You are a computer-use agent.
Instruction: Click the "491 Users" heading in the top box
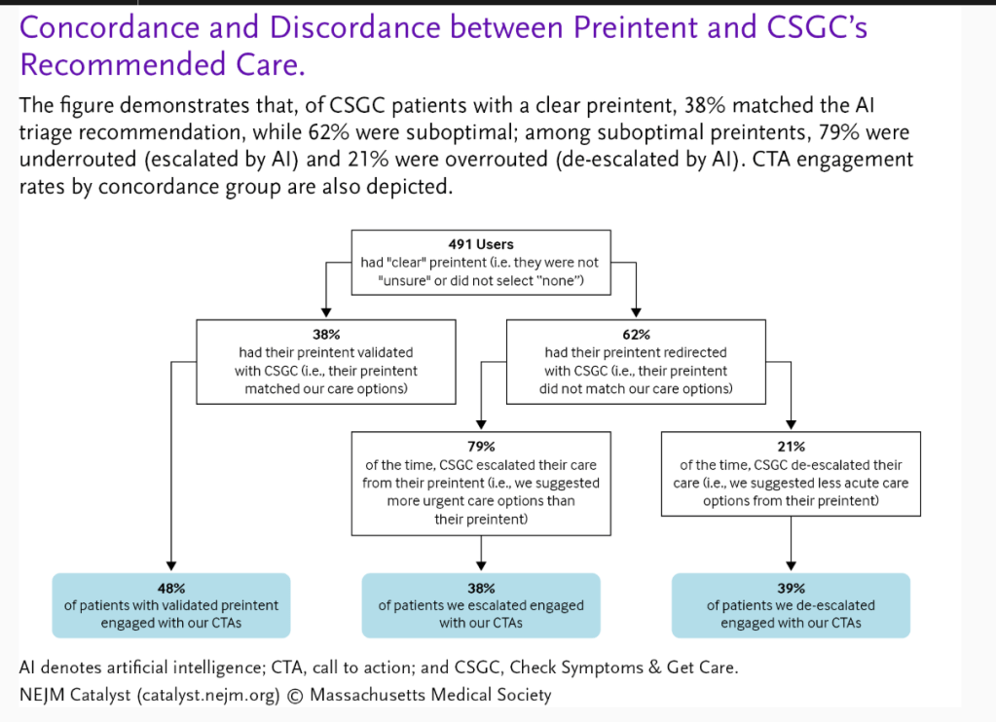(481, 244)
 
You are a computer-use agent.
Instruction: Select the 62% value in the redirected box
(636, 335)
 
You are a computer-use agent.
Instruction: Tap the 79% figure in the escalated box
(481, 447)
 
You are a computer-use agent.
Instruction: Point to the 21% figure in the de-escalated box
(791, 447)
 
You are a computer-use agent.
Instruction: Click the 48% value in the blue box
(171, 588)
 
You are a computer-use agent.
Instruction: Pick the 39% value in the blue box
(791, 588)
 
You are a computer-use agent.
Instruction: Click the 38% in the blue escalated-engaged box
(481, 588)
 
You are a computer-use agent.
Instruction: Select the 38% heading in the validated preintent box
(326, 335)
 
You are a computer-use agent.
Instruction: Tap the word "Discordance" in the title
(354, 27)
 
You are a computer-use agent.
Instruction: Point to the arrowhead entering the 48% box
(171, 565)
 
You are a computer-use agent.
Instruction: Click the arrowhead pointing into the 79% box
(481, 424)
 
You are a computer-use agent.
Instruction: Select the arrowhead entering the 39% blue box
(791, 565)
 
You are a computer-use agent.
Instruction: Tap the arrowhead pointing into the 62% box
(636, 311)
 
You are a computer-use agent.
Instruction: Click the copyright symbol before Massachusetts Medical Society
(295, 696)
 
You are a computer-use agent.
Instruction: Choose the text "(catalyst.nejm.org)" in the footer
(208, 696)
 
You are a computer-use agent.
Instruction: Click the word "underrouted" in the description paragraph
(78, 159)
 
